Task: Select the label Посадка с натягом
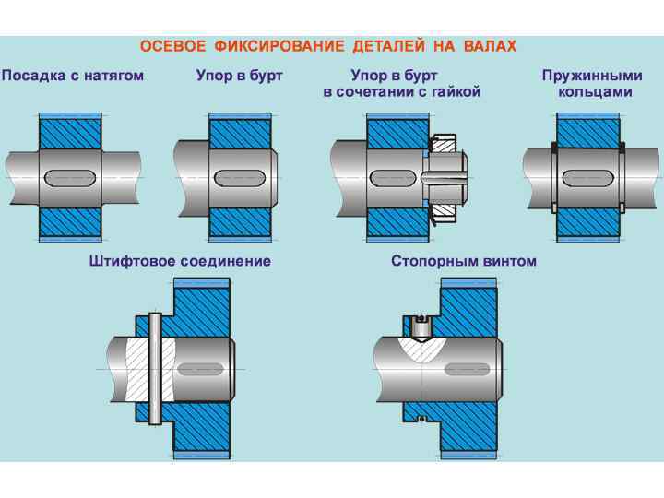[x=73, y=76]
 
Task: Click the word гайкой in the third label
[x=452, y=92]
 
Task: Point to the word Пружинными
[x=592, y=76]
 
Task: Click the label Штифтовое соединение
[x=180, y=261]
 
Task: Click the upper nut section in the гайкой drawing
[x=443, y=144]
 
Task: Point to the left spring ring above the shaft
[x=553, y=147]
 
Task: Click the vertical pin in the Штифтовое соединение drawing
[x=155, y=369]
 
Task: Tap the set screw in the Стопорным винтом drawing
[x=421, y=326]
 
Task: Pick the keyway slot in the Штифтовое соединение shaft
[x=198, y=369]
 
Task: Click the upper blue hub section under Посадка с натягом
[x=70, y=131]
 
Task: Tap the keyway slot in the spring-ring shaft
[x=588, y=175]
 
